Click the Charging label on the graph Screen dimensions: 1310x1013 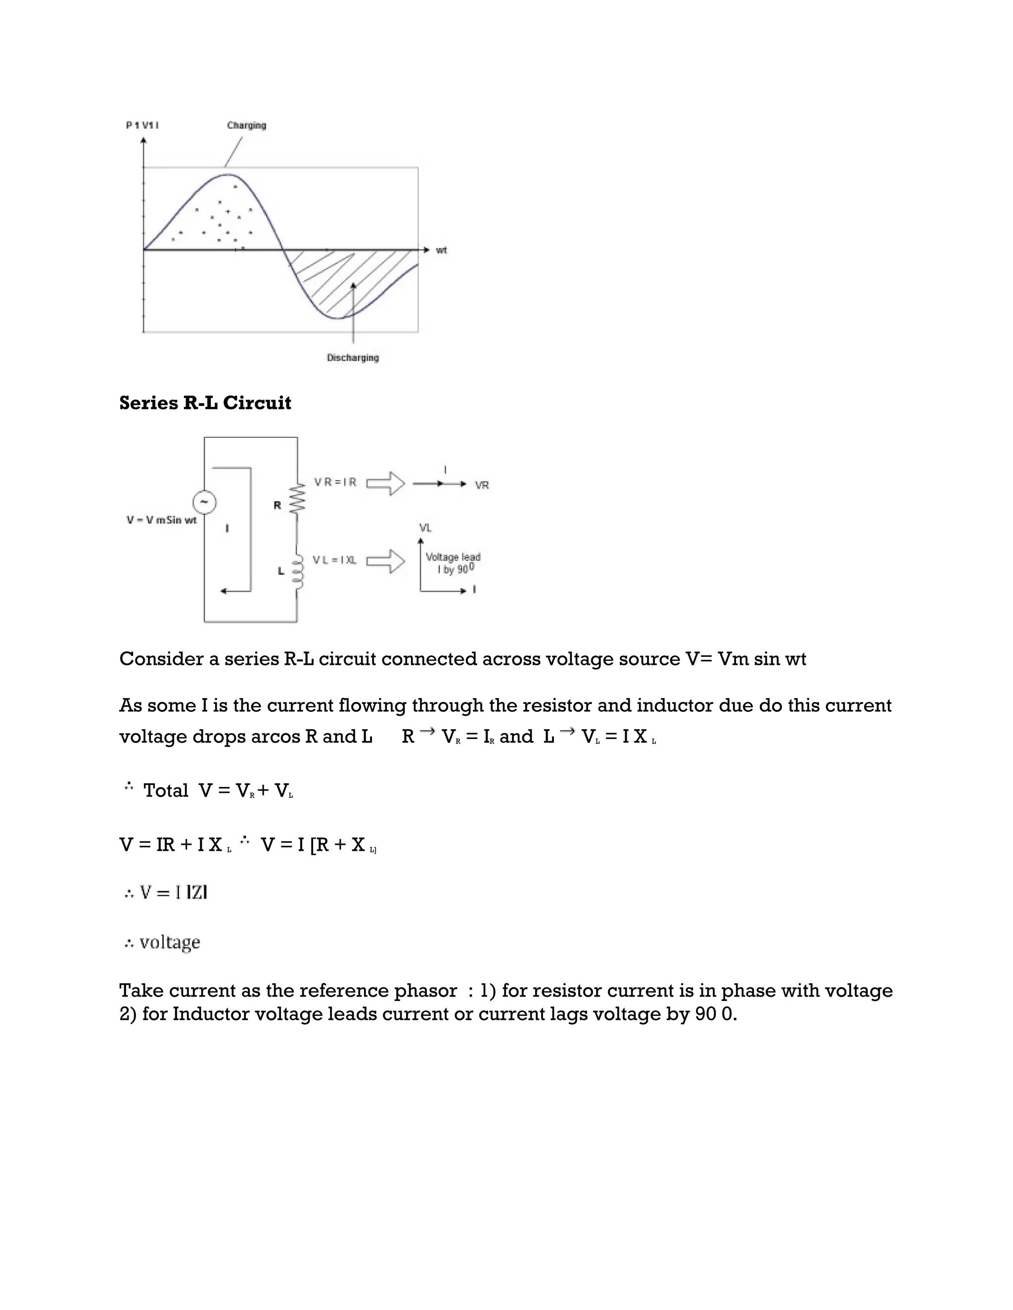click(246, 126)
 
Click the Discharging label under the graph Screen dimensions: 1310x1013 click(353, 357)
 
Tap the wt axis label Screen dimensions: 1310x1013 click(441, 250)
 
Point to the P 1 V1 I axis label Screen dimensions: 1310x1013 click(142, 126)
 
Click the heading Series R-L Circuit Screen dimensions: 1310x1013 click(205, 403)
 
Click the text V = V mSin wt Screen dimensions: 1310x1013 click(161, 520)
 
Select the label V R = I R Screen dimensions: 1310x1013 click(335, 482)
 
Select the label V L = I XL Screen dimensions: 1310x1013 click(334, 560)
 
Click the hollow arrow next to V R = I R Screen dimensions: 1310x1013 click(386, 483)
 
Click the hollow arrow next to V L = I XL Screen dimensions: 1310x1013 click(386, 562)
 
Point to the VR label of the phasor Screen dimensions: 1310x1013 click(482, 485)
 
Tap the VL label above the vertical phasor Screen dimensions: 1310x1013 click(425, 528)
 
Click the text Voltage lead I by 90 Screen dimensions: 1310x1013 click(453, 563)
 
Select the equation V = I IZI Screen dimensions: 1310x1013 click(167, 892)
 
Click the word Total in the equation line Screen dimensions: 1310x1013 click(166, 790)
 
